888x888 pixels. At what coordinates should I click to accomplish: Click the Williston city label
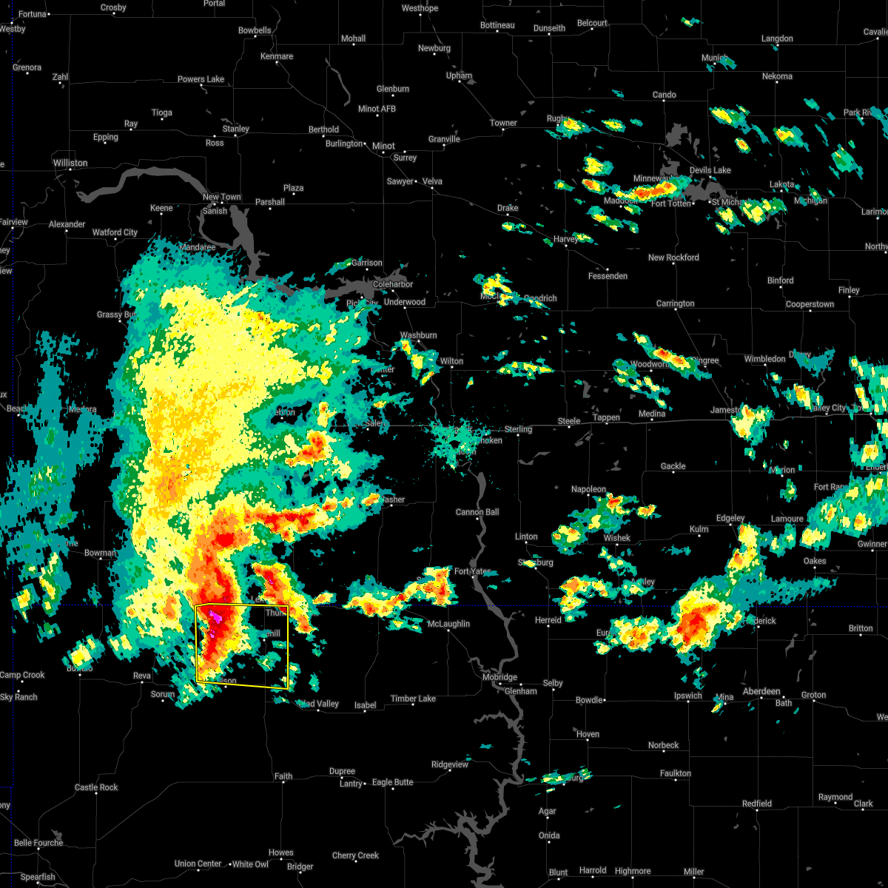(x=70, y=163)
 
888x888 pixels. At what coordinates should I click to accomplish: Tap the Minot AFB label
(x=377, y=109)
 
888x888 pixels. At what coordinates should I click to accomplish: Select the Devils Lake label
(x=710, y=170)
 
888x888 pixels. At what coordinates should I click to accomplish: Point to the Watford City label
(x=115, y=232)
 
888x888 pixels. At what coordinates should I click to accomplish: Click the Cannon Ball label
(x=477, y=512)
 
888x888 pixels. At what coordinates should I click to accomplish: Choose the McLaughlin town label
(x=448, y=624)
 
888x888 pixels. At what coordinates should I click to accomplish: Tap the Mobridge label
(x=499, y=677)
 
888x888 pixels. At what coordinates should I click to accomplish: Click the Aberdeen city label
(x=761, y=691)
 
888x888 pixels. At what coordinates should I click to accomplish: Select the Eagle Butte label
(x=392, y=782)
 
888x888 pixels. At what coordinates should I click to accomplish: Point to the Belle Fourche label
(x=38, y=843)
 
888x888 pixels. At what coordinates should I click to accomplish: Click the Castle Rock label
(x=96, y=787)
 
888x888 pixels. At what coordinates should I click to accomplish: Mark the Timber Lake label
(x=413, y=699)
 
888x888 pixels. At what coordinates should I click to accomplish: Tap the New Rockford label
(x=673, y=258)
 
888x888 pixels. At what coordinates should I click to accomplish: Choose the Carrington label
(x=675, y=303)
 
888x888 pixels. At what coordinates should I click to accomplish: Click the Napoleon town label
(x=588, y=489)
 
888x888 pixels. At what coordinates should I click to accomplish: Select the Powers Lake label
(x=201, y=79)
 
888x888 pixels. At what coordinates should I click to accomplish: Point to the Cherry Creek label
(x=355, y=855)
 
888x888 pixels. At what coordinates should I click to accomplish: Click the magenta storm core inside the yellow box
(x=215, y=616)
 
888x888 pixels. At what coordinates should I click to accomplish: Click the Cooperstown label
(x=810, y=304)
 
